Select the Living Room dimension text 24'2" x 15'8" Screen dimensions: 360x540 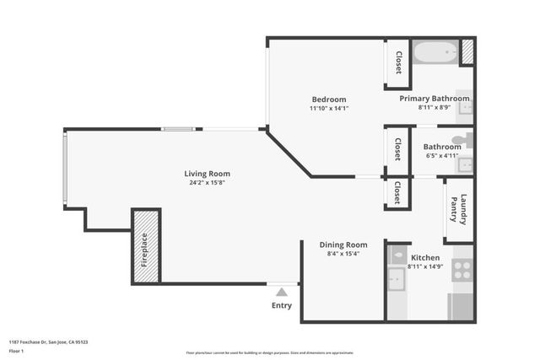205,182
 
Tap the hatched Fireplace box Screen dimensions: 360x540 145,245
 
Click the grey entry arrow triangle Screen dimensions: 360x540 281,292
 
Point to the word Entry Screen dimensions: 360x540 281,305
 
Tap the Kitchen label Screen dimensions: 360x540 424,257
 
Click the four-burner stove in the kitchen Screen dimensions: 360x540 462,270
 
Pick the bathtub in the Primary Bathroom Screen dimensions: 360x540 435,51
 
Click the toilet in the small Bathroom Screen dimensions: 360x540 462,141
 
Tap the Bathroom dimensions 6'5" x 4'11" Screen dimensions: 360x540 442,155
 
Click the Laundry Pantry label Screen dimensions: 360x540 458,209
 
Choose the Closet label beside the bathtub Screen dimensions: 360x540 398,62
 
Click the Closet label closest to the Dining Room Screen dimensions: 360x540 397,193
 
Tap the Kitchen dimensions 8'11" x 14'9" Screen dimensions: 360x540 424,266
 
